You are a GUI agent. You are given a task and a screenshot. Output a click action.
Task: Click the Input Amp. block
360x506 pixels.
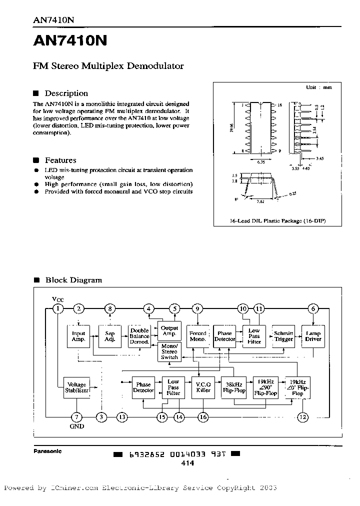[78, 336]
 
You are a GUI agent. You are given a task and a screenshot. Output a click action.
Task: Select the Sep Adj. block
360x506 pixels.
[110, 336]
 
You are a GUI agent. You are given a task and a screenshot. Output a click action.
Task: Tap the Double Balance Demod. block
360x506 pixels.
[139, 336]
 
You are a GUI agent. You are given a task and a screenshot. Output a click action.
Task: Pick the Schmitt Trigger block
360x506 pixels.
[283, 336]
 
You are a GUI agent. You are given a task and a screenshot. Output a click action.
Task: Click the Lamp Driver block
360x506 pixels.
[313, 336]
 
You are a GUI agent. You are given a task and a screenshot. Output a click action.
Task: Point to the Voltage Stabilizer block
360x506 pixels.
[76, 387]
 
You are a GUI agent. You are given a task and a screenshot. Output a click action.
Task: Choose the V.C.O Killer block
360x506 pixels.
[203, 387]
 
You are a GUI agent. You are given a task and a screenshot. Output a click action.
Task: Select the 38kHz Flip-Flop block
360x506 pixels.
[233, 387]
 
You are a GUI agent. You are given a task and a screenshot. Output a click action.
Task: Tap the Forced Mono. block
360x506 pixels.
[198, 336]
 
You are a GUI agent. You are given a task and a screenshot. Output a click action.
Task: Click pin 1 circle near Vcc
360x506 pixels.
[59, 308]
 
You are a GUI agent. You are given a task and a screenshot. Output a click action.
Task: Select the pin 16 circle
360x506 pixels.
[203, 416]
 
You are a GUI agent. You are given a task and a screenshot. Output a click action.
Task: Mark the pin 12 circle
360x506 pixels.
[302, 416]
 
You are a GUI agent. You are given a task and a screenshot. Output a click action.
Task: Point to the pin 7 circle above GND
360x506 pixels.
[76, 416]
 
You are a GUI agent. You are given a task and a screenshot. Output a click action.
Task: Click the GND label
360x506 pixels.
[76, 426]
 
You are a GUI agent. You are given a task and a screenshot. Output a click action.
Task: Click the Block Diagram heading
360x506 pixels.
[73, 280]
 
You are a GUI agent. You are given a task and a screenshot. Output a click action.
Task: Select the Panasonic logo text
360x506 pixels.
[47, 451]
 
